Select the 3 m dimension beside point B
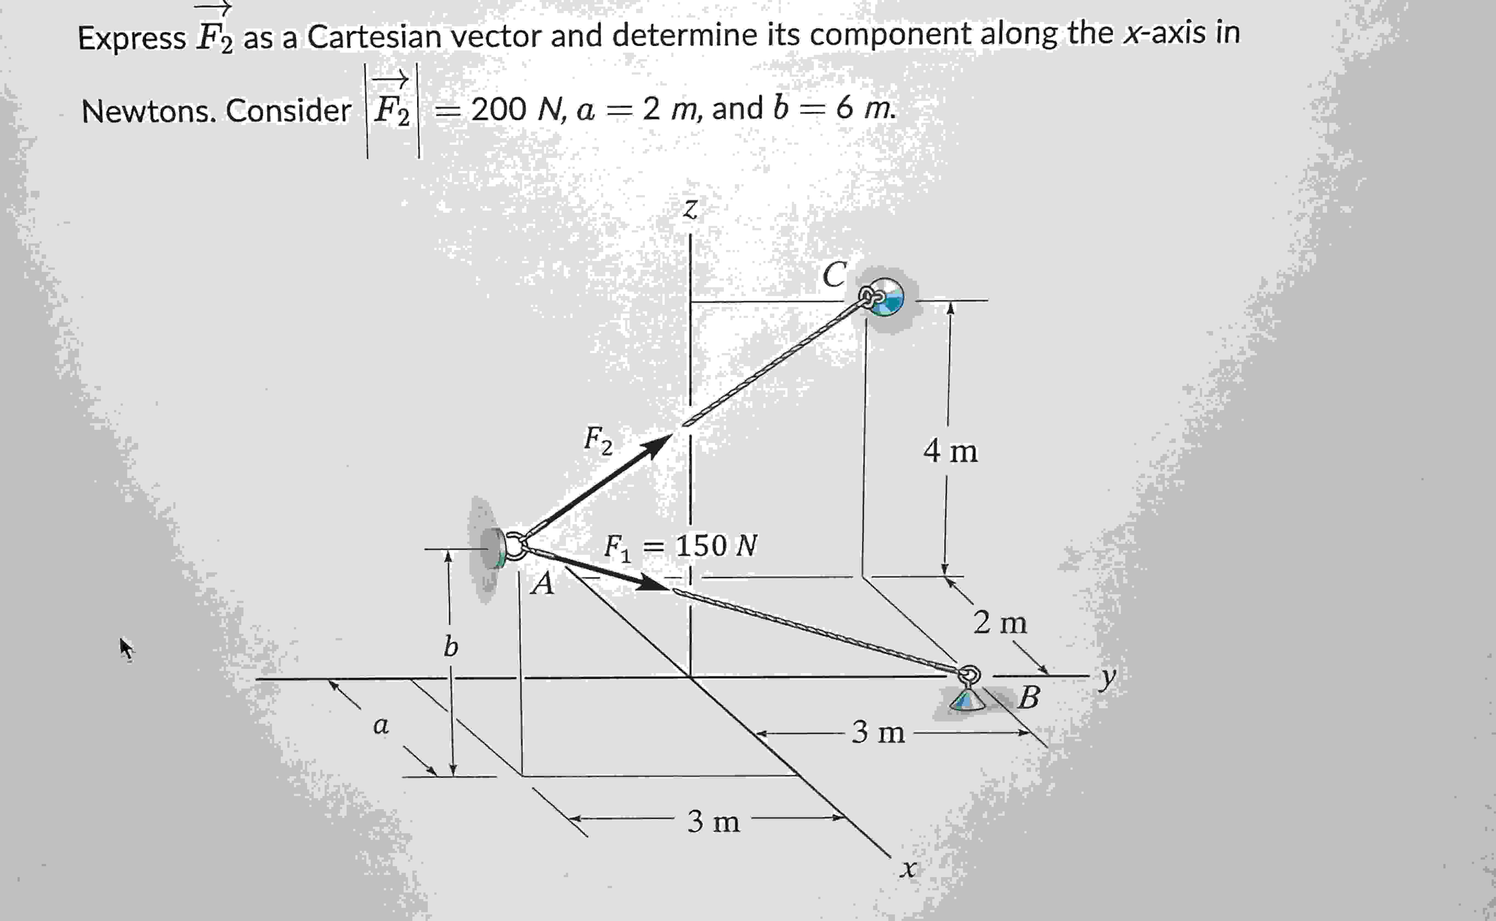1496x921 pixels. [878, 732]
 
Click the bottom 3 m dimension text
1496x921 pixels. [713, 822]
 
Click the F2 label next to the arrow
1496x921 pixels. [598, 440]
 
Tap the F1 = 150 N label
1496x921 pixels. [680, 546]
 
